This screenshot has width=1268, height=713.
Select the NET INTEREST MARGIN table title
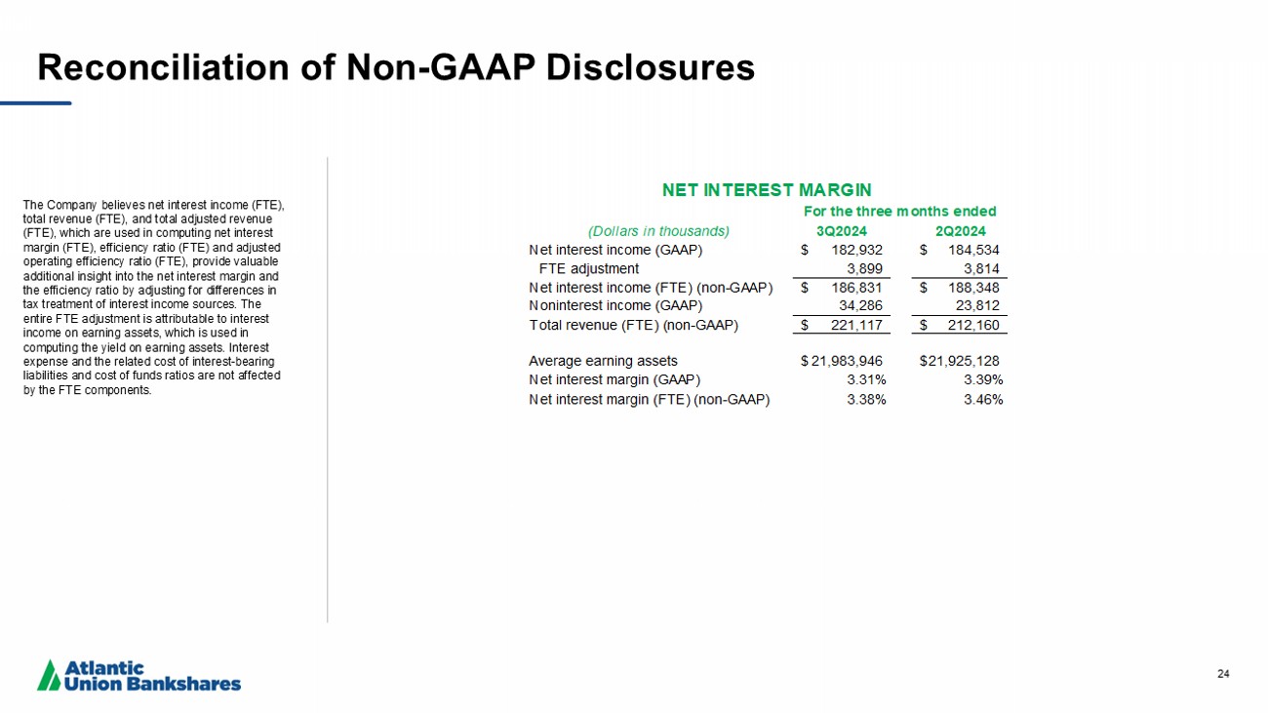[x=766, y=189]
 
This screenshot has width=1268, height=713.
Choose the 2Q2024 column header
[x=960, y=231]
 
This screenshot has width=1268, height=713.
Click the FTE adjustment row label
[x=589, y=268]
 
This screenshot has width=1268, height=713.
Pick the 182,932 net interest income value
[x=856, y=250]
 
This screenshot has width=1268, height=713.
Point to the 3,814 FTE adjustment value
[x=980, y=268]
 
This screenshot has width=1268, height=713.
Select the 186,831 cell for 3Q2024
[x=856, y=287]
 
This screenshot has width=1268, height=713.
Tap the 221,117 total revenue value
[x=856, y=324]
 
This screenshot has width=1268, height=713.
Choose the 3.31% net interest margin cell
[x=866, y=379]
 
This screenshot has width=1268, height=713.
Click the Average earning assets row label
[x=603, y=361]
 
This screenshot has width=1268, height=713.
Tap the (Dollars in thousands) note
[x=658, y=231]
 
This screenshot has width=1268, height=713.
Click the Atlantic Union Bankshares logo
[x=139, y=675]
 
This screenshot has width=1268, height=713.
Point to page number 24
[x=1223, y=672]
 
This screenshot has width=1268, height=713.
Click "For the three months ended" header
[x=899, y=211]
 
